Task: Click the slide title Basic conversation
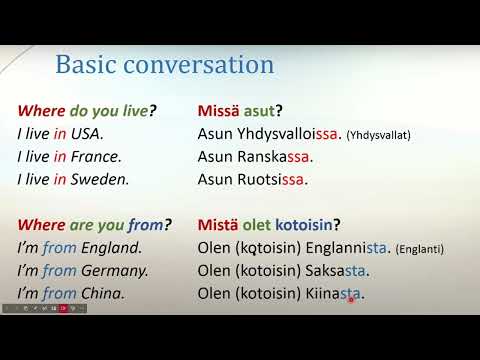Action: point(164,65)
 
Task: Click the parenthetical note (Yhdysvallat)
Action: point(378,135)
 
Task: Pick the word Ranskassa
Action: point(273,157)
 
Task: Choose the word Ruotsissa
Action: point(271,180)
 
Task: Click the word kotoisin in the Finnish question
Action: point(297,225)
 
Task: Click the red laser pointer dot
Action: point(351,298)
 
